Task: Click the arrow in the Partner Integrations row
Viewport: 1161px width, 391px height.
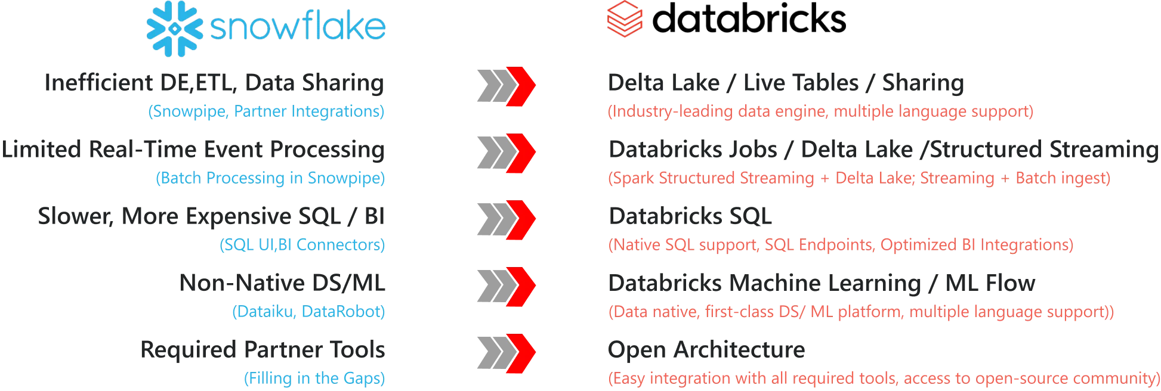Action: pyautogui.click(x=505, y=86)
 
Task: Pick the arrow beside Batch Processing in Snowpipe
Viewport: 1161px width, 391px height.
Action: pyautogui.click(x=505, y=153)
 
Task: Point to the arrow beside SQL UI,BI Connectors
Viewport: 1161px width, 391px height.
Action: pyautogui.click(x=505, y=220)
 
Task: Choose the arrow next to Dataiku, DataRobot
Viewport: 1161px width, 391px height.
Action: pyautogui.click(x=505, y=287)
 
